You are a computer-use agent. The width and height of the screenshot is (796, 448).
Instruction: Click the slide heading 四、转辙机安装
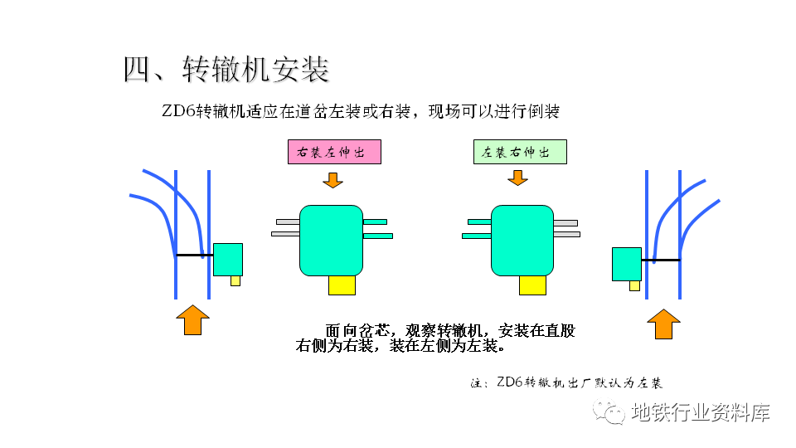click(226, 70)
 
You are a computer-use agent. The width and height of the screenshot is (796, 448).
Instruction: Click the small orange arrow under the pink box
click(332, 179)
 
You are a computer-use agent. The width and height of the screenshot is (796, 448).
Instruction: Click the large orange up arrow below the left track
click(193, 319)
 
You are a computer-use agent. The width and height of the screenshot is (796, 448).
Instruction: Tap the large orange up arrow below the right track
click(663, 323)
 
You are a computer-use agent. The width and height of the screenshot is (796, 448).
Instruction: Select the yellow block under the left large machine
click(342, 285)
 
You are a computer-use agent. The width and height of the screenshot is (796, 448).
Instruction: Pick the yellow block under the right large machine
click(532, 285)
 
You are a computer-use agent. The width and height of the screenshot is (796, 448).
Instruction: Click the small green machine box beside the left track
click(228, 260)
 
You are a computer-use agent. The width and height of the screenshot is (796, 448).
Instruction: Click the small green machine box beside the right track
click(627, 264)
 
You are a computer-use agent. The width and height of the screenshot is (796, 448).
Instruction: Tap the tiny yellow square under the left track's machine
click(235, 281)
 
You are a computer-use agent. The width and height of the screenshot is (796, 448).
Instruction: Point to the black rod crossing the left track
click(194, 256)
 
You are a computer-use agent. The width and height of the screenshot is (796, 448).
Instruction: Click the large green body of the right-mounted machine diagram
click(331, 240)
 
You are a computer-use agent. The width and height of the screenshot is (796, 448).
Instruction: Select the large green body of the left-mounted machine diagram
click(522, 240)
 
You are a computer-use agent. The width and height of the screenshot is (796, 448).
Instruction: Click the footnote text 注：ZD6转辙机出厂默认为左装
click(566, 383)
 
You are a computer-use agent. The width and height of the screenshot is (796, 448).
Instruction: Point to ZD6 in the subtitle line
click(178, 111)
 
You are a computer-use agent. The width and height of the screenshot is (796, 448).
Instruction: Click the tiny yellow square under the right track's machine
click(634, 285)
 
